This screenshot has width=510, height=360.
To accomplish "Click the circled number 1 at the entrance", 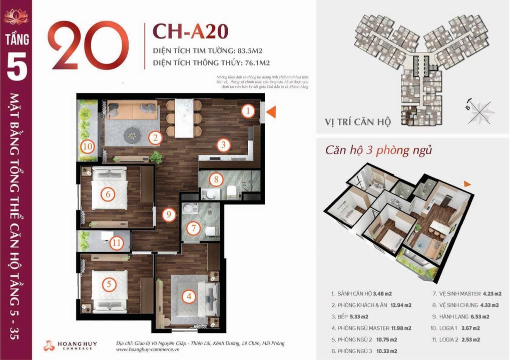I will (248, 111).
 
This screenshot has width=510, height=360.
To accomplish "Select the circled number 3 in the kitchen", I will (224, 145).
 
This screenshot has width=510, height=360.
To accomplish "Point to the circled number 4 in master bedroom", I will (189, 296).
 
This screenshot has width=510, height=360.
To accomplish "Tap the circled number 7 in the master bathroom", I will (193, 228).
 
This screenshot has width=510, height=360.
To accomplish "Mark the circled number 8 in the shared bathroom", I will (216, 178).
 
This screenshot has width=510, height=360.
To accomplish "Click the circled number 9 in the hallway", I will (169, 215).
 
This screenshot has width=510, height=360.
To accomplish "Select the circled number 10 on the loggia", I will (88, 147).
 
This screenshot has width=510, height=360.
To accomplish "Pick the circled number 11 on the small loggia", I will (116, 243).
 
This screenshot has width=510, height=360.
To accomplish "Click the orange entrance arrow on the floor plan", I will (270, 112).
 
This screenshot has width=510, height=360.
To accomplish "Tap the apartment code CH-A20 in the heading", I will (190, 31).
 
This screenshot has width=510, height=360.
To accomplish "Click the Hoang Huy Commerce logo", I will (70, 345).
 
